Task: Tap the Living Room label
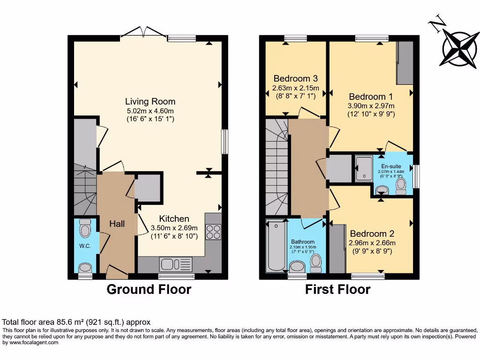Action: (150, 101)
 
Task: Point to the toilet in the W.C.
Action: (85, 229)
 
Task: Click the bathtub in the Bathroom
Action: (276, 246)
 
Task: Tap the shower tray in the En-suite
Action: (363, 168)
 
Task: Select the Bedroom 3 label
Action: (296, 78)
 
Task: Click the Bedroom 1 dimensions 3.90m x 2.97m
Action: (371, 105)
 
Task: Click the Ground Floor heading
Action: (149, 289)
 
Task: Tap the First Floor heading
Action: (337, 289)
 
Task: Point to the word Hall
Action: (117, 224)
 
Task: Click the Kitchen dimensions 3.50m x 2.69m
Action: (174, 228)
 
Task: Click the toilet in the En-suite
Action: (401, 186)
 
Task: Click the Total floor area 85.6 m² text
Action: (76, 322)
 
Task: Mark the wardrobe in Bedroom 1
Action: (405, 63)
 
